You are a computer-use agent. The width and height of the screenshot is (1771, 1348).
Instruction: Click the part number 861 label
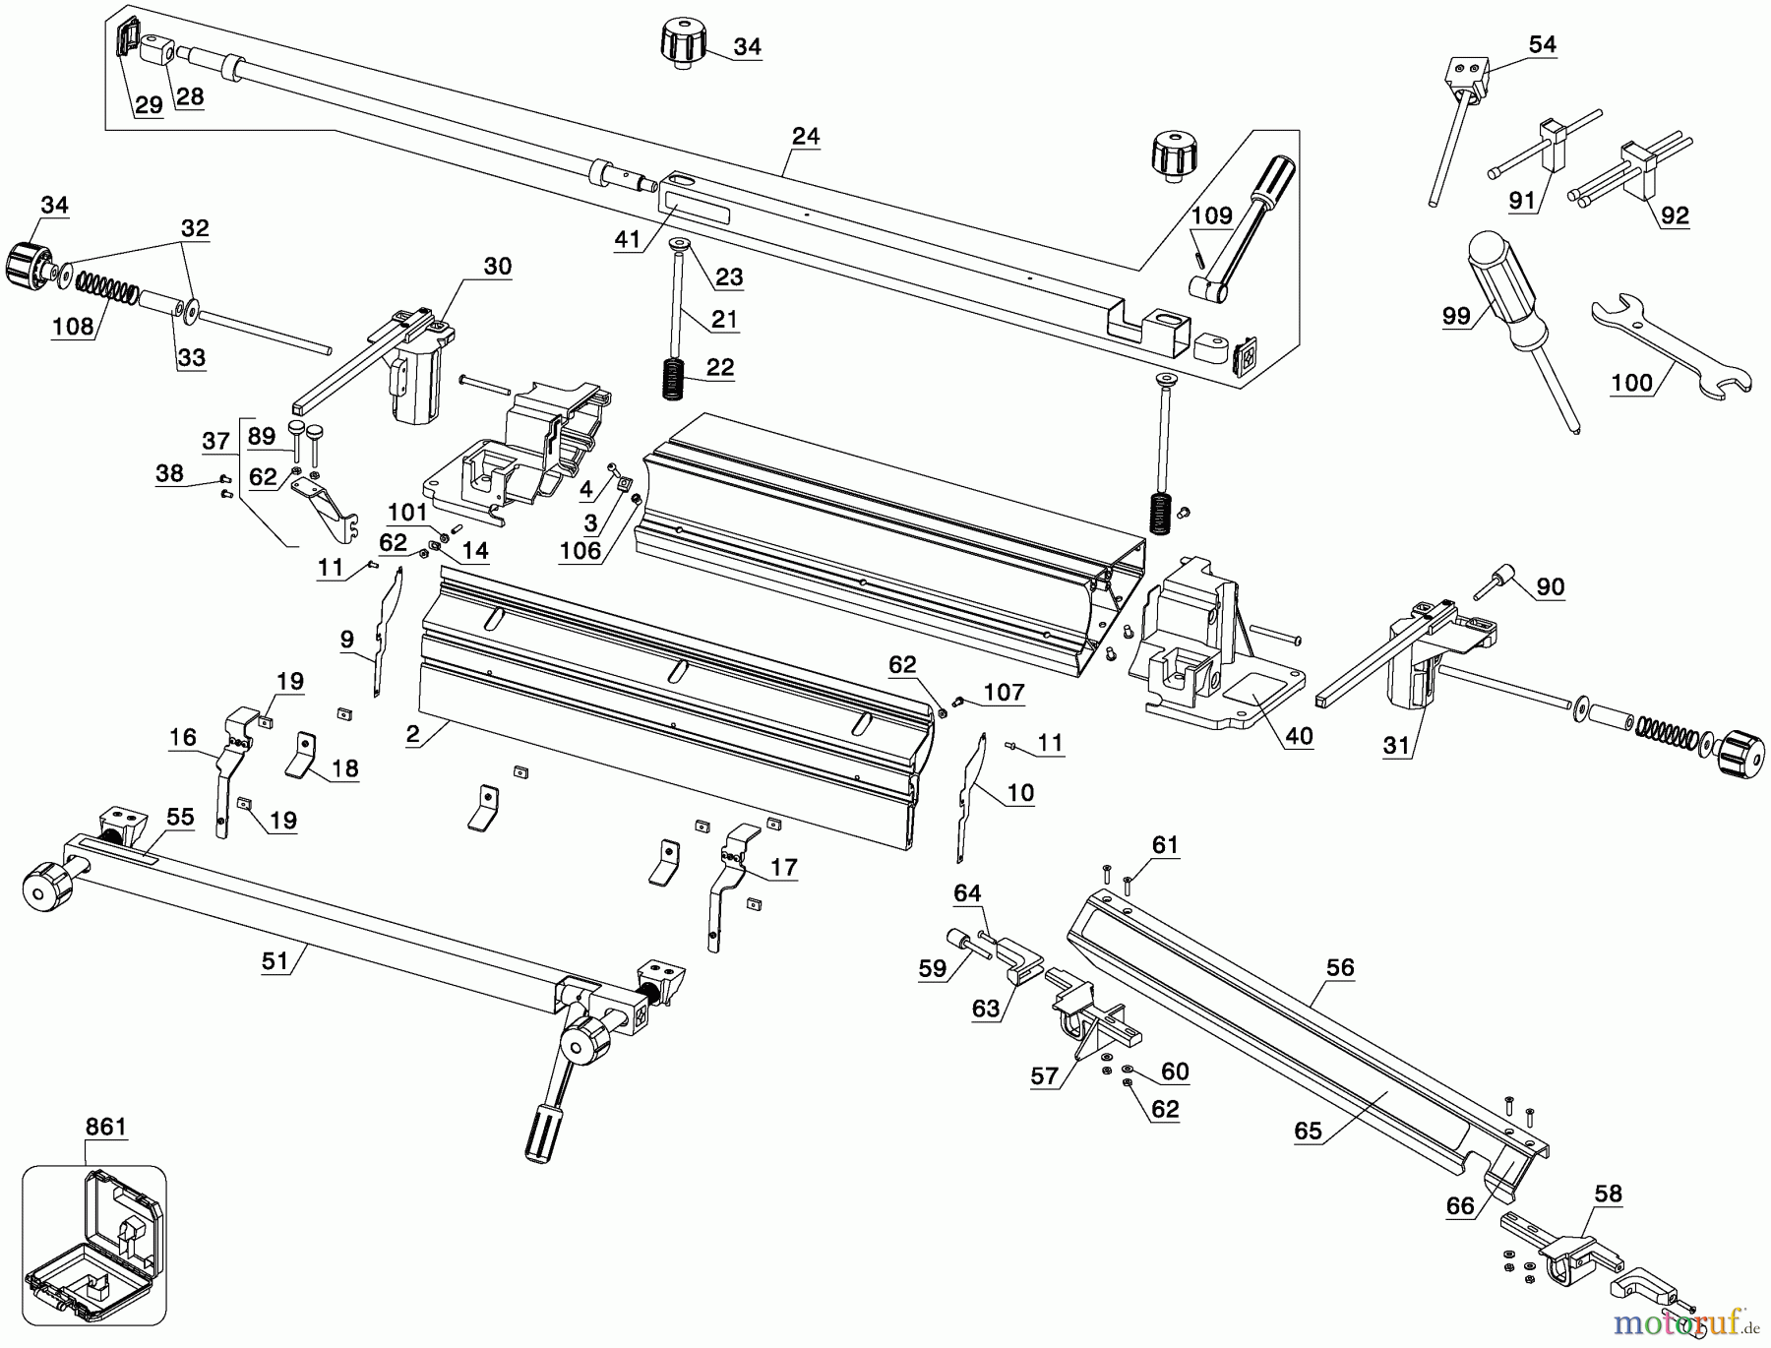105,1127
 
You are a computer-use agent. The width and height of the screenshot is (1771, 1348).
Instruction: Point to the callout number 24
805,136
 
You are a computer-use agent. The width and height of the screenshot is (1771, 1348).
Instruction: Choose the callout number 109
1211,215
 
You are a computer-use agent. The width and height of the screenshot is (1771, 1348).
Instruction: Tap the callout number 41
627,239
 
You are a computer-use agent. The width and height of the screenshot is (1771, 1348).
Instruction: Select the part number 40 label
1299,736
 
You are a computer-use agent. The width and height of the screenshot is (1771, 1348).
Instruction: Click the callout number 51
275,959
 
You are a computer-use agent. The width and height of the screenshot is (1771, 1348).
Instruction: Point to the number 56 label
1340,968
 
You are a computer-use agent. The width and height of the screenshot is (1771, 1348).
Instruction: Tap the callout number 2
413,733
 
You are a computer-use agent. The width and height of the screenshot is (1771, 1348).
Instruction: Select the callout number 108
72,326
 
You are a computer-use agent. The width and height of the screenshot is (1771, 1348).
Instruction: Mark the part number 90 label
1550,587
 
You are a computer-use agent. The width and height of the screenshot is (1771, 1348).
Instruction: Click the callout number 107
1004,692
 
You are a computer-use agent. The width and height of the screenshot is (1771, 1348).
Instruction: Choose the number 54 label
1542,44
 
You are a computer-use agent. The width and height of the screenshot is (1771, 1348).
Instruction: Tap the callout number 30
498,267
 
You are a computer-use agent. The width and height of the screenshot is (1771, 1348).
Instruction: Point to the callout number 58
1608,1194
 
